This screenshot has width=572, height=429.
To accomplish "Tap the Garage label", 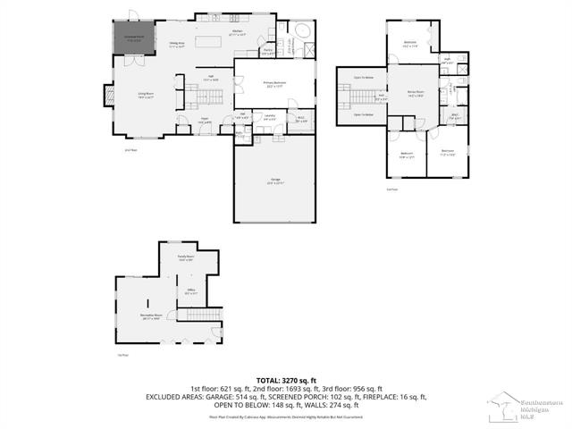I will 275,180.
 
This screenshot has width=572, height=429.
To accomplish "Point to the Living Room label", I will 145,97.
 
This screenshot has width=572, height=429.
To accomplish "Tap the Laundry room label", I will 268,115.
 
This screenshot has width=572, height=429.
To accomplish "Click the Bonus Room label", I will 415,93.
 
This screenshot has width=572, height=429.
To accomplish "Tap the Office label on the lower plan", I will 190,290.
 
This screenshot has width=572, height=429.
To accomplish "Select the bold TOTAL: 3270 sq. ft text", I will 286,380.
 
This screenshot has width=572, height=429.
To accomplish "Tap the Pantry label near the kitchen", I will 267,52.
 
